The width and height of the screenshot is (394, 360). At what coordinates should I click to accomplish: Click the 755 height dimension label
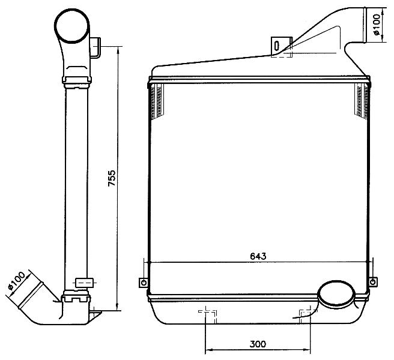tap(112, 178)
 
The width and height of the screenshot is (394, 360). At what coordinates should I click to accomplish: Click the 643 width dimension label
tap(258, 256)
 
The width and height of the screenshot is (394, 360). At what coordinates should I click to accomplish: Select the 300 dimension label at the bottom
tap(258, 344)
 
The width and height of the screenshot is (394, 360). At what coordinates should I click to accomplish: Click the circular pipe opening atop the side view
tap(72, 26)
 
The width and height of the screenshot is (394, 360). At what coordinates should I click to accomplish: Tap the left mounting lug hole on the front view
tap(144, 283)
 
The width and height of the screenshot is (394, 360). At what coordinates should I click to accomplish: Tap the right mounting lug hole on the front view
tap(373, 281)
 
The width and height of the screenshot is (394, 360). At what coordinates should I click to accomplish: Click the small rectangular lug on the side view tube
tap(85, 283)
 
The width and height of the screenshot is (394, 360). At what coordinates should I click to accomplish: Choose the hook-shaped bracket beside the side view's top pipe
tap(95, 48)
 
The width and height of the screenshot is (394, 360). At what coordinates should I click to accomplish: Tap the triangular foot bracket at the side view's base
tap(95, 316)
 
